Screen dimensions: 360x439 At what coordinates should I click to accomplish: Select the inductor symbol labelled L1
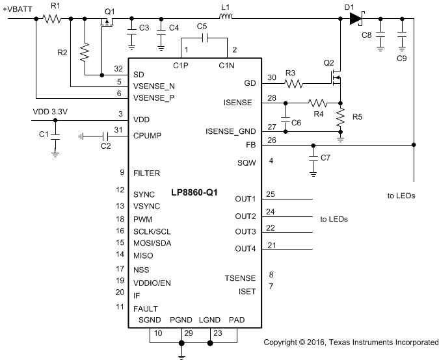pos(226,18)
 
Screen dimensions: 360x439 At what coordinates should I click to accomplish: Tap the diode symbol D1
pos(354,18)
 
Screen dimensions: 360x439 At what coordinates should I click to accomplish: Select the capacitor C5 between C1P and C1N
pos(204,38)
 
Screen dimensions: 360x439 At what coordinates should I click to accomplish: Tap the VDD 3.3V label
pos(50,112)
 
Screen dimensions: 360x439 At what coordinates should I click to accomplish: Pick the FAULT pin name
pos(145,308)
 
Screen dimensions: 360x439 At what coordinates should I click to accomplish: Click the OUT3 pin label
pos(245,232)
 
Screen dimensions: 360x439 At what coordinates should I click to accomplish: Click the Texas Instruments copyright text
pos(351,342)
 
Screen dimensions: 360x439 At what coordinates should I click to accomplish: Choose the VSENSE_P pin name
pos(153,98)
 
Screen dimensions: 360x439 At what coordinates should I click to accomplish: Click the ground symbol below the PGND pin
pos(181,354)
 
